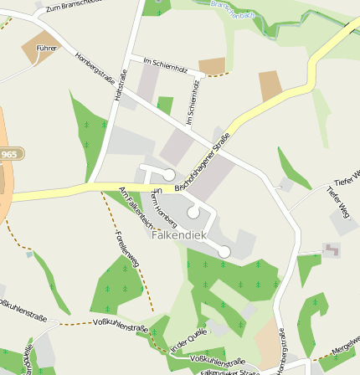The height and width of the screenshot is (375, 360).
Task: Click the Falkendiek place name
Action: tap(178, 235)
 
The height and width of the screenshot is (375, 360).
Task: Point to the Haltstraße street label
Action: tap(121, 86)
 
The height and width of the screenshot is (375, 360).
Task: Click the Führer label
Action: tap(47, 49)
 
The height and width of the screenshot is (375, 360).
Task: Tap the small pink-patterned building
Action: tap(332, 249)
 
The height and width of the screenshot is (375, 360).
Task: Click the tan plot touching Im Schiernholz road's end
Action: tap(212, 66)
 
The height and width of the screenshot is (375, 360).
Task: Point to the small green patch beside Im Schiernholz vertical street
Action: tap(165, 105)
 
